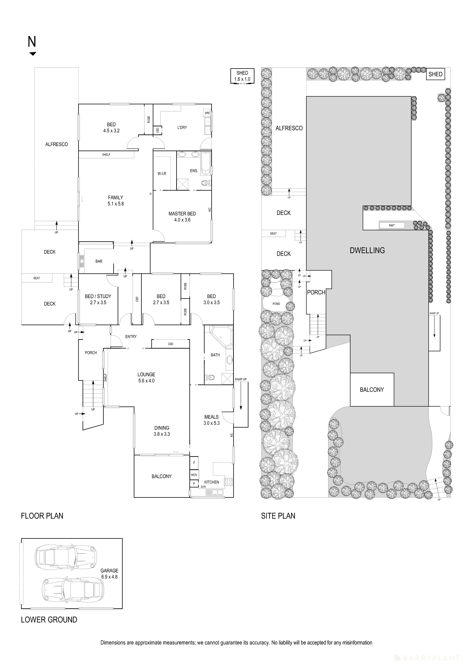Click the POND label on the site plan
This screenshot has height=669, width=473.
(x=276, y=304)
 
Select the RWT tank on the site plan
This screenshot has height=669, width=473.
(x=392, y=225)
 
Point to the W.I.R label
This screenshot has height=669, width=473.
(x=162, y=174)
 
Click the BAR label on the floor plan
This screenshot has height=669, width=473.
(x=99, y=261)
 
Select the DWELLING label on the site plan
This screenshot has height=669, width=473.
(x=367, y=250)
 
